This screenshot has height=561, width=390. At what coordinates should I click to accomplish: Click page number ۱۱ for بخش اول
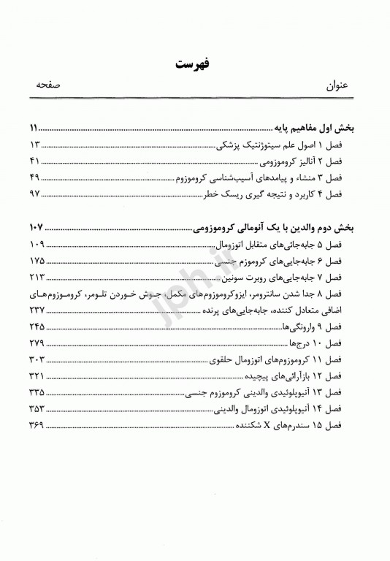click(36, 126)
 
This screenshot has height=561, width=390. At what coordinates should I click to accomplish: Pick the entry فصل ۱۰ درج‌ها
click(330, 345)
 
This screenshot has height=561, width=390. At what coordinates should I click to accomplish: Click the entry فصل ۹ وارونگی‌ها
click(321, 328)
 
